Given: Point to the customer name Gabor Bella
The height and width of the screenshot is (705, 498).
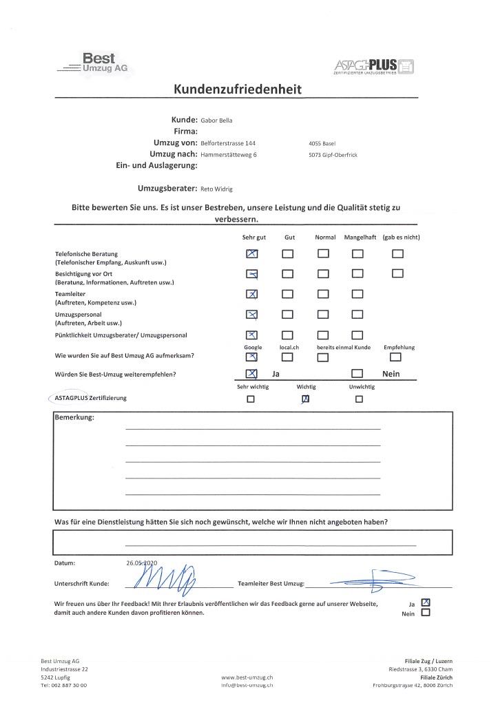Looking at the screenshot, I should tap(216, 120).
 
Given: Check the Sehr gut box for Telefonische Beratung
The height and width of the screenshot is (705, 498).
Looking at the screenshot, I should tap(251, 254).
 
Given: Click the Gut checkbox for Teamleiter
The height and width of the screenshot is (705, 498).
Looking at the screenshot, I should tap(288, 295).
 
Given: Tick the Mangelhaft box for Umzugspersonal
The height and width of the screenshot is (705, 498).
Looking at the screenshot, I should tap(357, 315).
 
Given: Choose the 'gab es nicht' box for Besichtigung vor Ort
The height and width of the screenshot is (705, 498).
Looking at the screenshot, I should tap(397, 274).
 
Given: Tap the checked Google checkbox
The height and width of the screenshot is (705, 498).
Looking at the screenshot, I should tap(251, 357).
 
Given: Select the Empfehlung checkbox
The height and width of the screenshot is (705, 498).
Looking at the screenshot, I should tap(395, 357).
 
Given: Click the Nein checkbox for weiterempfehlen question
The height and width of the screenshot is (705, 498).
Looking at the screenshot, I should tap(357, 374).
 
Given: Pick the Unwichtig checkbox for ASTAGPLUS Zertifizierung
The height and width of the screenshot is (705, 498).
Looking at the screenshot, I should tap(359, 399).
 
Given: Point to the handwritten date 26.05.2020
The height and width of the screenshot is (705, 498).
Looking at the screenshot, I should tap(142, 562).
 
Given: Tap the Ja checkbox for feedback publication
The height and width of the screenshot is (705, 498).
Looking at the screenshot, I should tap(425, 601).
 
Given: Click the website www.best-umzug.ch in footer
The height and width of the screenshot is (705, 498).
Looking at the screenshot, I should tap(247, 677).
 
